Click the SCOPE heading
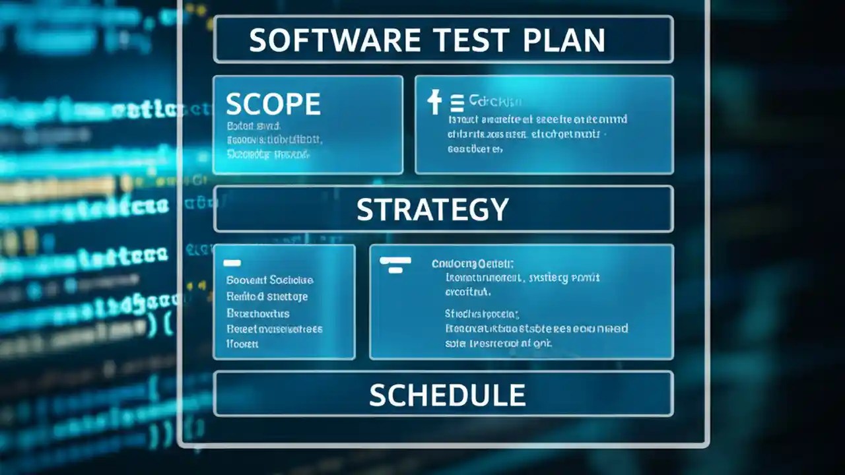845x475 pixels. pos(273,104)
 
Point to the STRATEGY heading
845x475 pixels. pos(432,209)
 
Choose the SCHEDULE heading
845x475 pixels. pos(447,395)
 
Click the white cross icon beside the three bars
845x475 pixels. pos(434,102)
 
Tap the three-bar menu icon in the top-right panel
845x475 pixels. pos(456,103)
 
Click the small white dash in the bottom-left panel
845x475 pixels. pos(232,263)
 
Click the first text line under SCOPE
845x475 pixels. pos(253,125)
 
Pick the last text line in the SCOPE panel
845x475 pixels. pos(267,154)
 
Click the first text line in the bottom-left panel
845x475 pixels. pos(269,280)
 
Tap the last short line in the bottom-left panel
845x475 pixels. pos(242,344)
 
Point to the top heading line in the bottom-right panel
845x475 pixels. pos(473,264)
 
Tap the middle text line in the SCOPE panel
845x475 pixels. pos(273,140)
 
